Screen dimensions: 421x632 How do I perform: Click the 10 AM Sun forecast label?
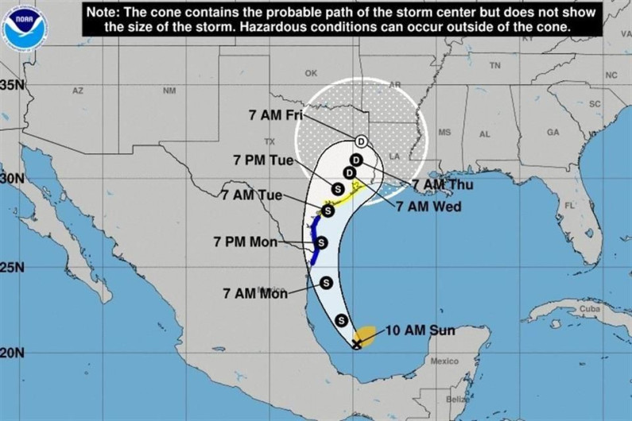(x=421, y=330)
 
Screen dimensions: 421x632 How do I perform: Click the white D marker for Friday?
(x=361, y=141)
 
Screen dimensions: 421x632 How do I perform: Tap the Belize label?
(x=456, y=400)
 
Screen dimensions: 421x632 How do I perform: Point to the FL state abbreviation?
(x=568, y=205)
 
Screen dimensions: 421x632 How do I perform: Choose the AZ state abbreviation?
(x=77, y=91)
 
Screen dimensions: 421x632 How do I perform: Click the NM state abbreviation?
(x=169, y=91)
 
